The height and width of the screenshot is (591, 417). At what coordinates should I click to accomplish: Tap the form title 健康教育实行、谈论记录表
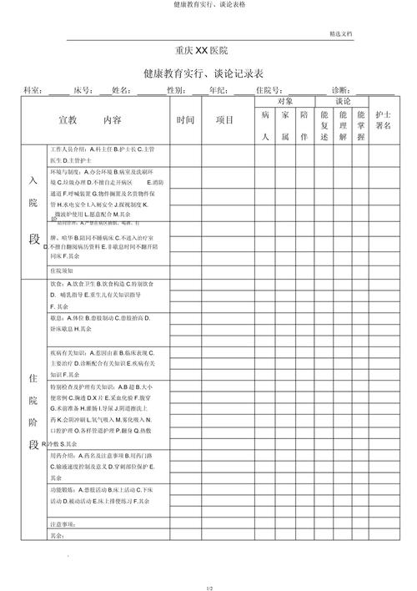(208, 73)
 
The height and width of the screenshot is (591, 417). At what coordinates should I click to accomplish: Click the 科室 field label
(33, 89)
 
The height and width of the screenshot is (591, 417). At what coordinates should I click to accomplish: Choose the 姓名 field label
(120, 89)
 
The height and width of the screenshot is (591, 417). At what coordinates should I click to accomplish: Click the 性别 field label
(175, 89)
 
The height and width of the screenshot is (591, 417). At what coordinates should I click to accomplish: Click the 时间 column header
(186, 119)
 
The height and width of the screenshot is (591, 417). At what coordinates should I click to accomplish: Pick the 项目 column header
(224, 119)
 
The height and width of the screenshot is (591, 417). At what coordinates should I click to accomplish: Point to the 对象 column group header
(284, 100)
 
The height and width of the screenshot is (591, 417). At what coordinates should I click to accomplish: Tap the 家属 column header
(284, 124)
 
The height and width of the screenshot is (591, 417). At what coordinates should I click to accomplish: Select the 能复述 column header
(324, 124)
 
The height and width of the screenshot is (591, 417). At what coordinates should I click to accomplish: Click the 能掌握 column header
(360, 124)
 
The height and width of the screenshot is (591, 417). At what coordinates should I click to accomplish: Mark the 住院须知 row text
(62, 270)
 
